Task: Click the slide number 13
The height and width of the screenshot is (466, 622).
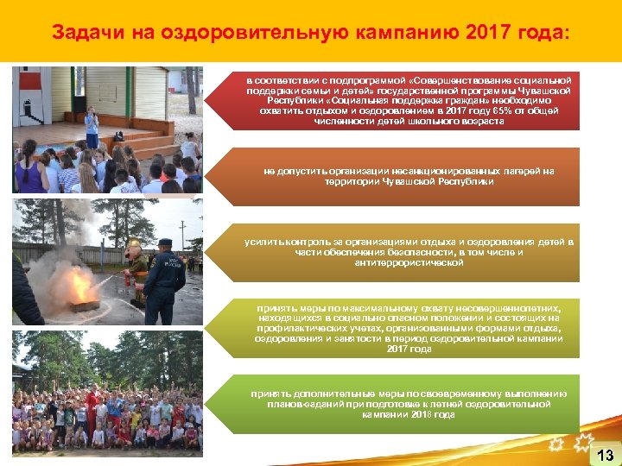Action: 606,454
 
